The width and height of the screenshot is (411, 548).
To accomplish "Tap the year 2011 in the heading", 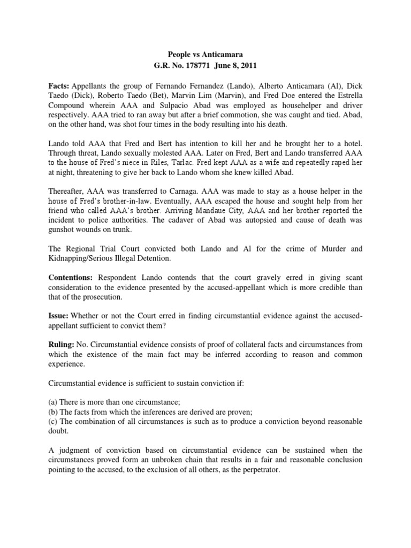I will [248, 66].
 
